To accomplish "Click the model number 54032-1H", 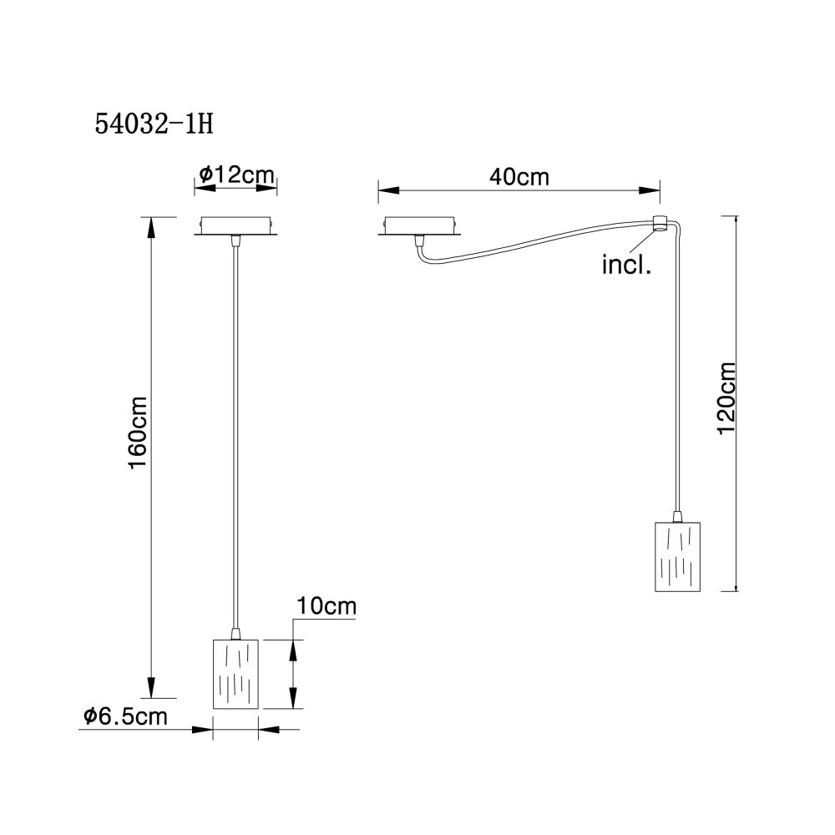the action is point(154,124).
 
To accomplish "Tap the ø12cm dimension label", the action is point(236,175).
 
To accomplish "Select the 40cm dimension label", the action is point(519,177).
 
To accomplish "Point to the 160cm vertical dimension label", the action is point(138,433).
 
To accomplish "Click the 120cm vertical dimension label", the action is point(726,398).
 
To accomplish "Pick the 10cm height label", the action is point(326,606).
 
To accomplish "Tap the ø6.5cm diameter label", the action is point(125,716).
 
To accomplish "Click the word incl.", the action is point(626,265).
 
